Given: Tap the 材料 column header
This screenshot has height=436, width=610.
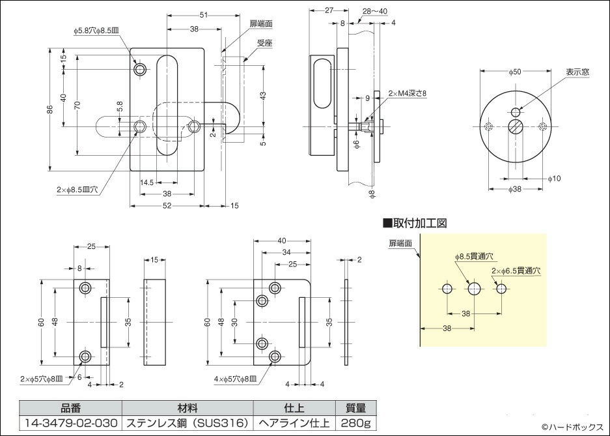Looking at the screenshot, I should pos(187,409).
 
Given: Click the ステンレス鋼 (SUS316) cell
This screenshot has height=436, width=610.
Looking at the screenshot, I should pos(187,422).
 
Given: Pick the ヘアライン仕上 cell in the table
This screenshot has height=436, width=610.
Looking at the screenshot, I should pos(294,422).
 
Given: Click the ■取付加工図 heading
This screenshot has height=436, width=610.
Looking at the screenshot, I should pos(414,224).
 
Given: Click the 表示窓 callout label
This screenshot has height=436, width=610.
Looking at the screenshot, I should pos(576,72).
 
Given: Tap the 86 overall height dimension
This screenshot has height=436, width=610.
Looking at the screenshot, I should pos(49,110).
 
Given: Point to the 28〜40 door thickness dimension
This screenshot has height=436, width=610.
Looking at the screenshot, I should pos(375,11).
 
